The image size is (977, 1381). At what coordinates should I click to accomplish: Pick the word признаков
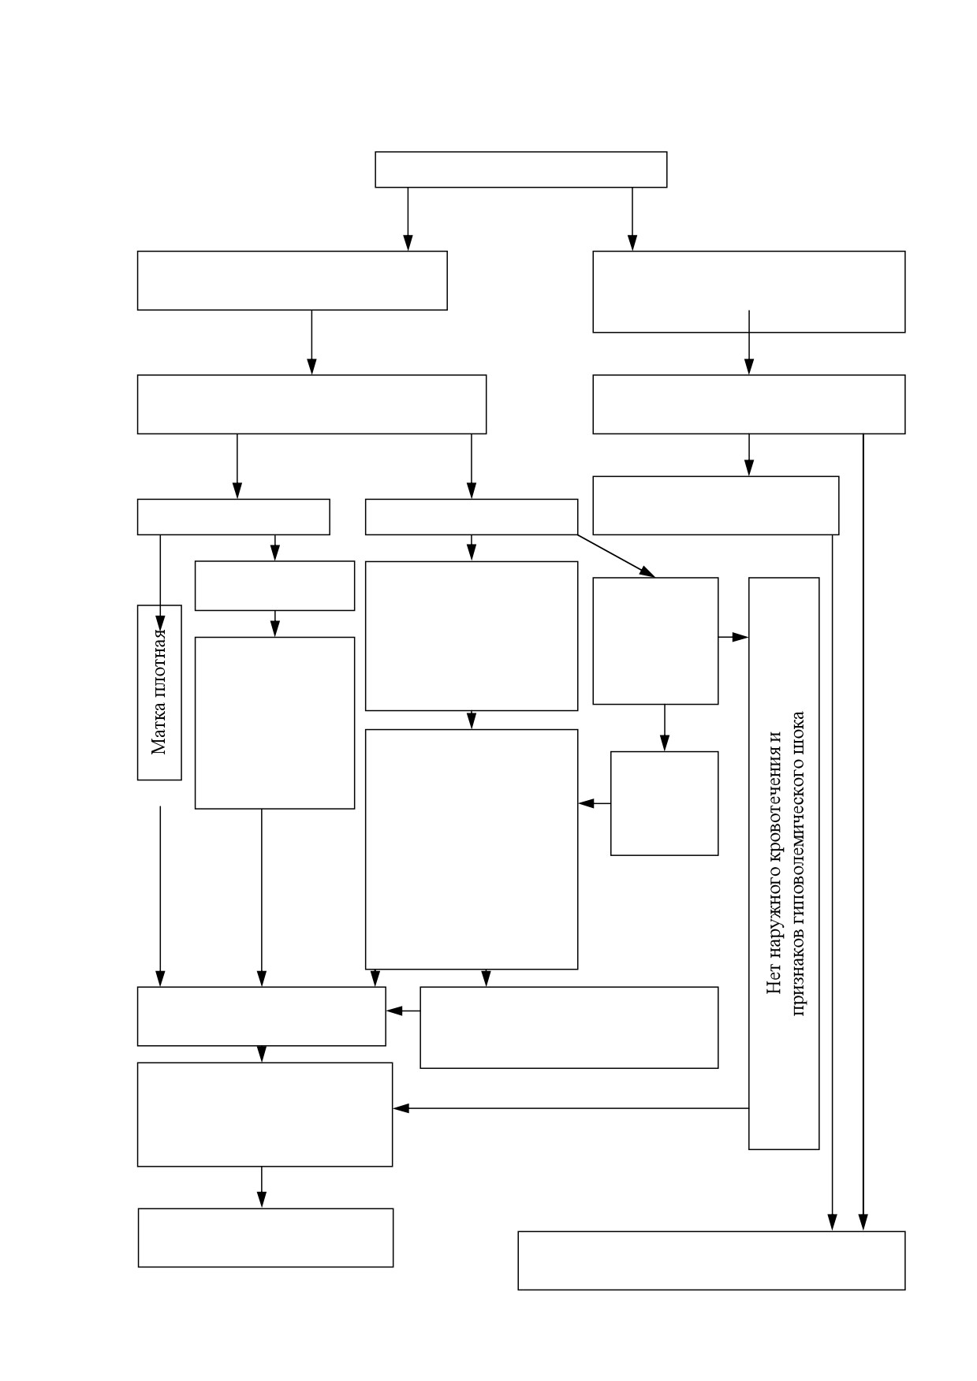tap(798, 973)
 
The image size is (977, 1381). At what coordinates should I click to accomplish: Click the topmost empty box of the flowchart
tap(520, 169)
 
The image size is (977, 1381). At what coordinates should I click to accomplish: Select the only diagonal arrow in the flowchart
tap(616, 556)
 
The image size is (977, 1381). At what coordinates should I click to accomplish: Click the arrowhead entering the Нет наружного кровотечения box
tap(740, 637)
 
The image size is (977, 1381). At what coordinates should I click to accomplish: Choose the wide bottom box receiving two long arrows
tap(711, 1260)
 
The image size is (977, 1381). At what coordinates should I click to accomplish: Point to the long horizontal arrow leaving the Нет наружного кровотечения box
tap(570, 1108)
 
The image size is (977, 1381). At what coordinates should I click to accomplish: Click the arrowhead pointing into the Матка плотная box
tap(160, 616)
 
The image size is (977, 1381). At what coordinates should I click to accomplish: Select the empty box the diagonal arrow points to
tap(655, 641)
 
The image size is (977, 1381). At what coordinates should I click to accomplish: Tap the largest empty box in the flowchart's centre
tap(472, 849)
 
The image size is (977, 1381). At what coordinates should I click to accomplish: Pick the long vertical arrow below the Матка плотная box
tap(160, 896)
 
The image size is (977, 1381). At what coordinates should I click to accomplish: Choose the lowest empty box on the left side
tap(266, 1238)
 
